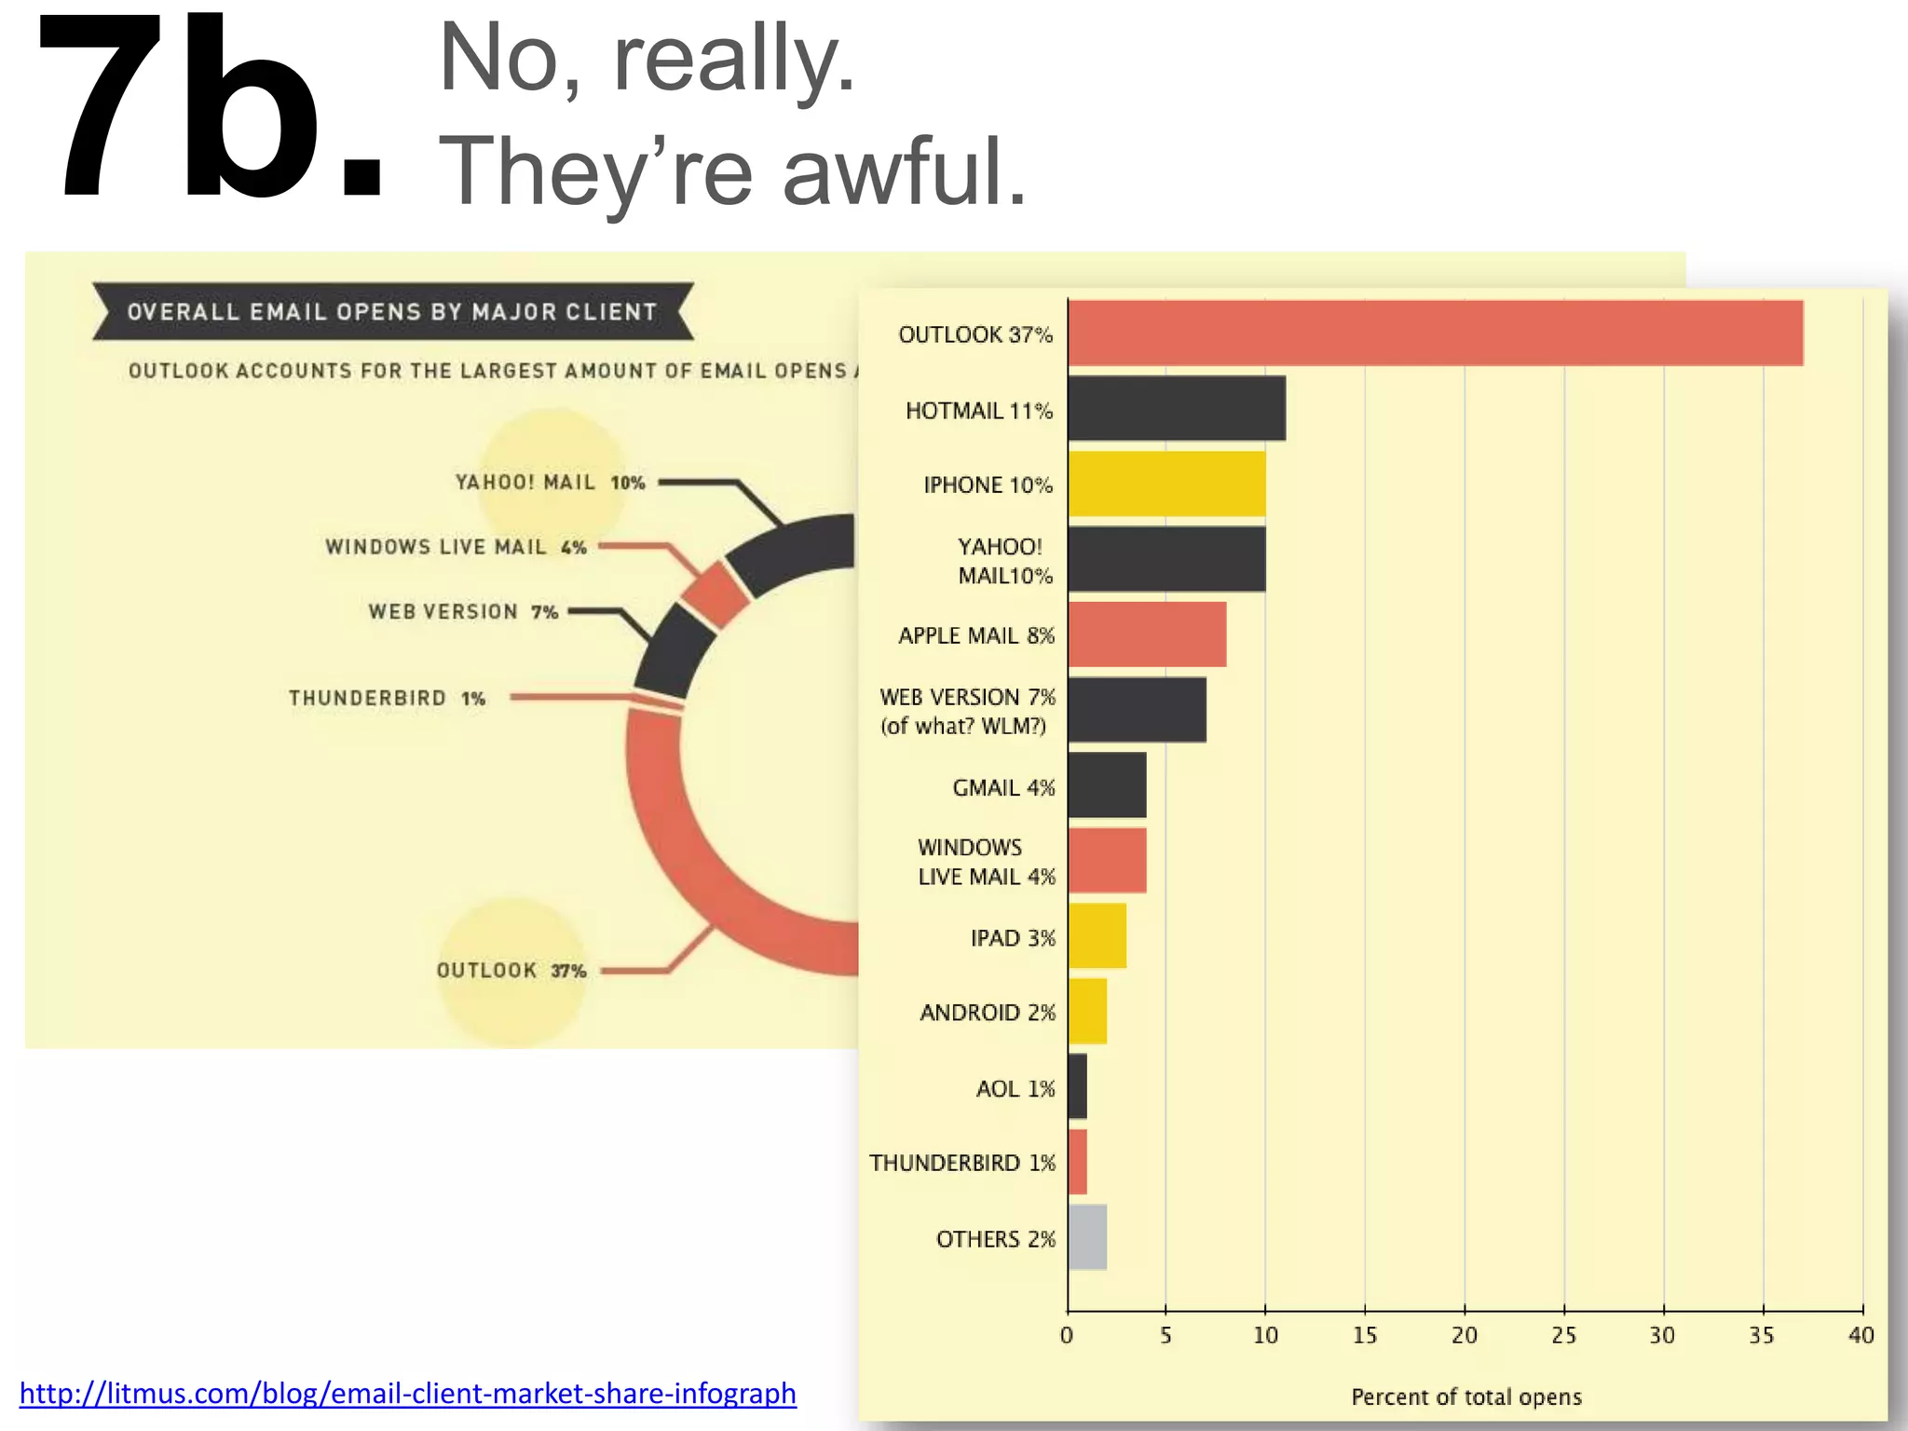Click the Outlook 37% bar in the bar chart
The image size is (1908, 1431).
click(x=1435, y=334)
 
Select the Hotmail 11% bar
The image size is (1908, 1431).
click(x=1176, y=408)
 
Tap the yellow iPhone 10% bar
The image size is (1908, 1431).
click(x=1166, y=484)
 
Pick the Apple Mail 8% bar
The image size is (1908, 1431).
click(x=1147, y=634)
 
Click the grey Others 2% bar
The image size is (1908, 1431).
click(x=1087, y=1237)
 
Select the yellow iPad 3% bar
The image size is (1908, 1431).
click(x=1097, y=935)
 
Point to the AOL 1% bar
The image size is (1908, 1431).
click(x=1077, y=1086)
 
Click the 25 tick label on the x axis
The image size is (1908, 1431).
click(x=1563, y=1336)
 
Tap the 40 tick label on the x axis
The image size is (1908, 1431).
click(x=1860, y=1336)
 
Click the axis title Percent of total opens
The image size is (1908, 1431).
click(x=1466, y=1397)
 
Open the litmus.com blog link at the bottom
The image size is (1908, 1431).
click(x=408, y=1393)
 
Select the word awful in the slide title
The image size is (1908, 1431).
click(x=904, y=172)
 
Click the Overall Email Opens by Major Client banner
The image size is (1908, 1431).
click(x=392, y=312)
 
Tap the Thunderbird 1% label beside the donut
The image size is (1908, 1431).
click(x=387, y=698)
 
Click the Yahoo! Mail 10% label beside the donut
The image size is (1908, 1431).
click(x=550, y=483)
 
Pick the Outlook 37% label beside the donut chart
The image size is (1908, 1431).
click(x=511, y=971)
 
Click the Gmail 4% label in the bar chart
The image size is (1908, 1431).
click(x=1003, y=788)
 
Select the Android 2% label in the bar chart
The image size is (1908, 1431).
click(x=988, y=1013)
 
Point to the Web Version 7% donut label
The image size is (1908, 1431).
click(x=463, y=612)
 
